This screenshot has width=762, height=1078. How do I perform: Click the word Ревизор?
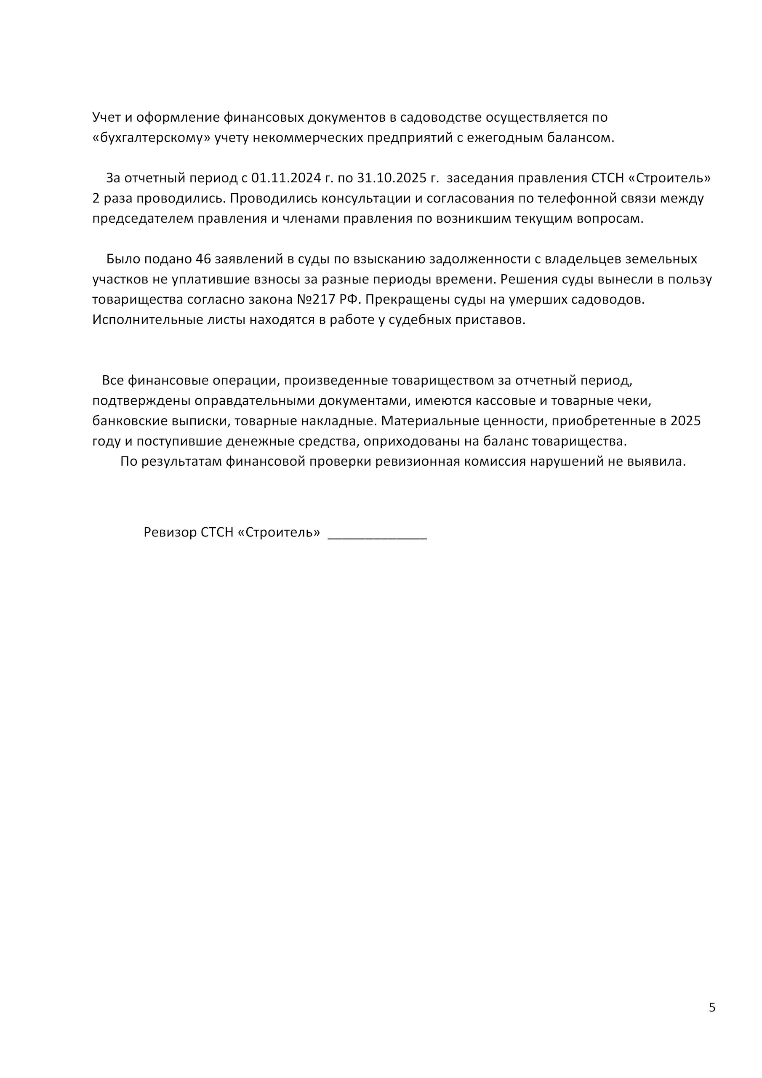[170, 532]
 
